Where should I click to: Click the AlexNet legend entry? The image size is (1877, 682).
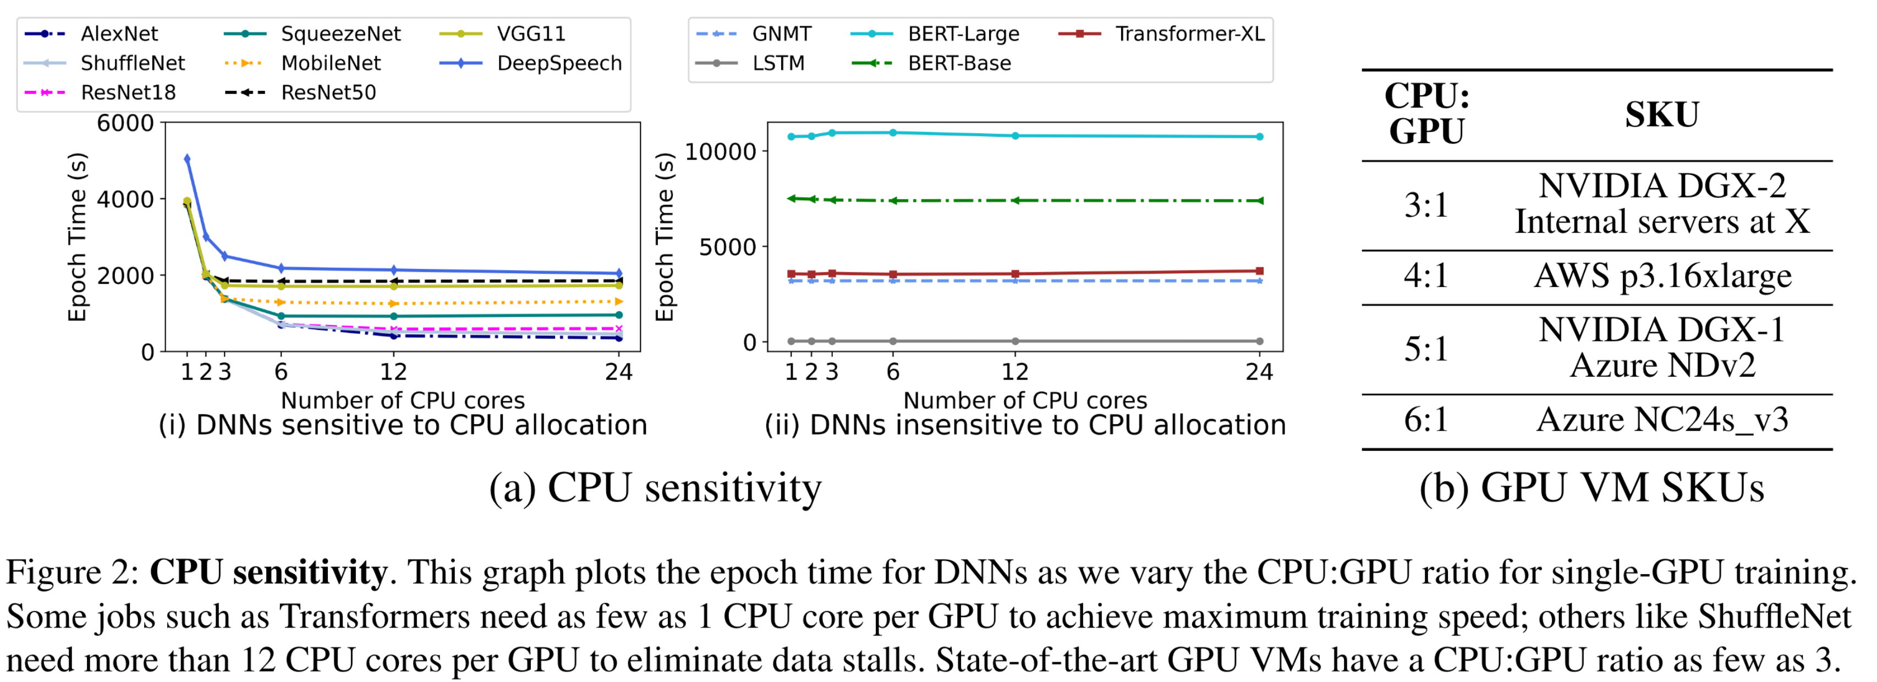[x=119, y=34]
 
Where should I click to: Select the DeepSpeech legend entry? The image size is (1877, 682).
[x=558, y=63]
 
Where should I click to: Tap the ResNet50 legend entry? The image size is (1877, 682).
[x=328, y=92]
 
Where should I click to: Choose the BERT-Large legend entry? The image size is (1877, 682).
[x=963, y=34]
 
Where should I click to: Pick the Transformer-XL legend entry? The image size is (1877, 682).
[x=1189, y=34]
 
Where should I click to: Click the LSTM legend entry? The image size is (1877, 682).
[x=778, y=63]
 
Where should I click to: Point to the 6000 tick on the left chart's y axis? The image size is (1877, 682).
[x=125, y=123]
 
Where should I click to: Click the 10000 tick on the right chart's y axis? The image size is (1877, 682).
[x=720, y=152]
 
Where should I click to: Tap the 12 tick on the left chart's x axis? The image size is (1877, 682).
[x=393, y=372]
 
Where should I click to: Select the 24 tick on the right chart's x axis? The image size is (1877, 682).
[x=1259, y=372]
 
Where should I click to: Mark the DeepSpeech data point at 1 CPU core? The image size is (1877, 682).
[x=187, y=158]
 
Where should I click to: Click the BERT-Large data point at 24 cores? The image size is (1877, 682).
[x=1260, y=136]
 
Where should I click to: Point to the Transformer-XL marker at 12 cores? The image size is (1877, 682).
[x=1015, y=274]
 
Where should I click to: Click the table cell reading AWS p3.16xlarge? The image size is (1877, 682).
[x=1662, y=276]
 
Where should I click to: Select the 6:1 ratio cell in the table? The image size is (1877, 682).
[x=1426, y=420]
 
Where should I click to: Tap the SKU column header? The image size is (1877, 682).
[x=1662, y=115]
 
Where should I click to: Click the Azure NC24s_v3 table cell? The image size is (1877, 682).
[x=1662, y=420]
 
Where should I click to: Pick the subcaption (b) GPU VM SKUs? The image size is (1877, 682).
[x=1591, y=487]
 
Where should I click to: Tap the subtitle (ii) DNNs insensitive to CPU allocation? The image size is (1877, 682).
[x=1025, y=425]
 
